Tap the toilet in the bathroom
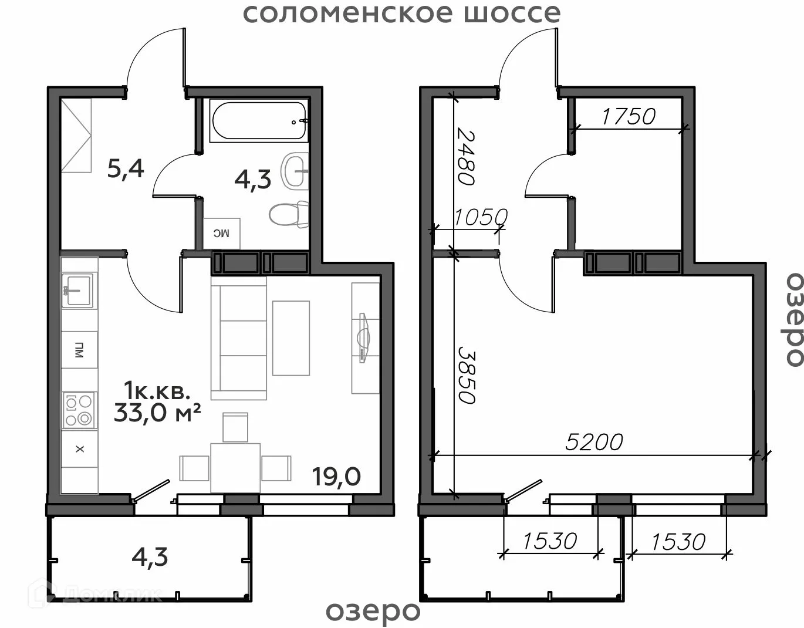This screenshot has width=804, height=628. coord(289,214)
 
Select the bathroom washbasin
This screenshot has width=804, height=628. coord(295,171)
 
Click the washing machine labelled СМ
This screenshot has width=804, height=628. coord(222,234)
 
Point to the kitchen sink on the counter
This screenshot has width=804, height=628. coord(77,291)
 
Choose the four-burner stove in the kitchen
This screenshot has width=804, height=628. coord(79,410)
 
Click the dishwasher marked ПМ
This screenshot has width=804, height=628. coord(79,349)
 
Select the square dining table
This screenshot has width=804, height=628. coord(235,468)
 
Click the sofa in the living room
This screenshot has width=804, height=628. coord(239,338)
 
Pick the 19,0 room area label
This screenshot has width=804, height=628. coord(336,477)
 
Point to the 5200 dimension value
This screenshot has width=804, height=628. coord(594,441)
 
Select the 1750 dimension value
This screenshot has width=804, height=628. coord(629,116)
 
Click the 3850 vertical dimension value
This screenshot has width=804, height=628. coord(467,375)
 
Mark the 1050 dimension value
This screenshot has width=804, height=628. coord(480,217)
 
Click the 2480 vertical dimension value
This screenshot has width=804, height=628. coord(465,156)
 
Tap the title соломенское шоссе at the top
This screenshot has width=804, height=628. coord(402,13)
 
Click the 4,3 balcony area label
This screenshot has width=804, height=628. coord(150,556)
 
